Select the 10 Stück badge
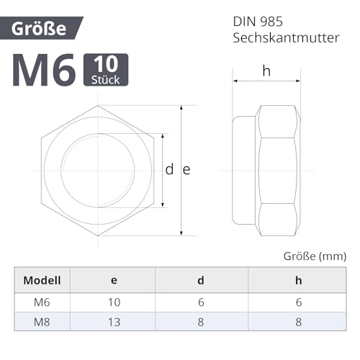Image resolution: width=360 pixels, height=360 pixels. click(106, 70)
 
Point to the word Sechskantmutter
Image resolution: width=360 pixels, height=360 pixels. click(285, 38)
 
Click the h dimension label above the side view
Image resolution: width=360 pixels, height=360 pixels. click(266, 71)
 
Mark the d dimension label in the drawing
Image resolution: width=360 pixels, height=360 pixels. click(169, 170)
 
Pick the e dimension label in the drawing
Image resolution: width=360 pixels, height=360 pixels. click(186, 170)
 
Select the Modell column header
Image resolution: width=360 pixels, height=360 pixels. click(42, 280)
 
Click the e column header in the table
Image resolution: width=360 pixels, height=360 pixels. click(114, 280)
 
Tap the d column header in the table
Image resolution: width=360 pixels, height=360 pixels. click(202, 280)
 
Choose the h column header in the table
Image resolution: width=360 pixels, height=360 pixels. click(297, 280)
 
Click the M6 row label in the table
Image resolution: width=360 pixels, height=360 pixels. click(42, 303)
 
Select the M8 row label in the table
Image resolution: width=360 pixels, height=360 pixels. click(42, 323)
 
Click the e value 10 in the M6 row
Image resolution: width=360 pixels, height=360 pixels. click(114, 303)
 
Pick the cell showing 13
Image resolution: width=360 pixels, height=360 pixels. click(114, 323)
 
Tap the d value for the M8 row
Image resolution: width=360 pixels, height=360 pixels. click(202, 323)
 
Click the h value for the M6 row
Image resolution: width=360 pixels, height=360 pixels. click(297, 303)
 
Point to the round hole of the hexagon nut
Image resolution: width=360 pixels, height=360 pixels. click(97, 171)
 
